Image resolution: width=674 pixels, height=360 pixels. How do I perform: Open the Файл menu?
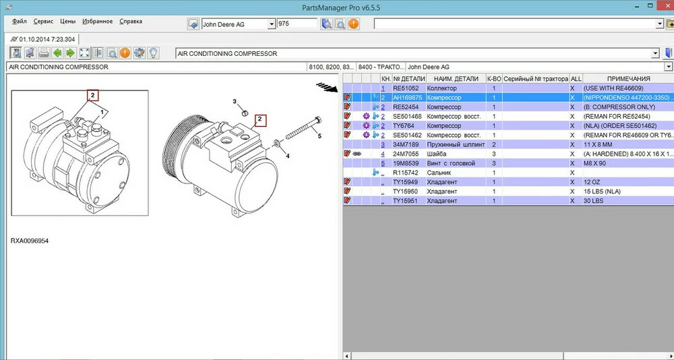coord(20,22)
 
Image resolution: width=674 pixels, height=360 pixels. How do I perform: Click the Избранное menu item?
coord(98,22)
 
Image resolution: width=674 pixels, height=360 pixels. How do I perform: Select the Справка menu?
coord(131,22)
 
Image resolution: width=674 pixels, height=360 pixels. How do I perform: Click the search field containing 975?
coord(297,24)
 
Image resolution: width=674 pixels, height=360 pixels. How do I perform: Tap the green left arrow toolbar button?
coord(57,53)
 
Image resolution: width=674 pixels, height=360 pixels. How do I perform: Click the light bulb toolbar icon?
coord(153,53)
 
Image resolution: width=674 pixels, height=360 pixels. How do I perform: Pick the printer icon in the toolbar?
coord(44,53)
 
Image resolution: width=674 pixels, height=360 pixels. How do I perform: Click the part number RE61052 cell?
coord(406,88)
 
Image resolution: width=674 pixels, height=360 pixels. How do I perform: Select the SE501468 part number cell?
coord(407,116)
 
